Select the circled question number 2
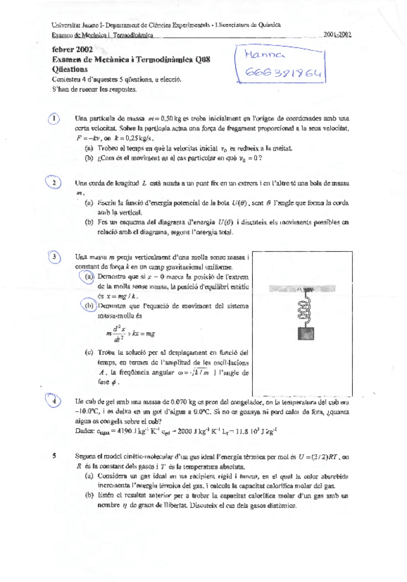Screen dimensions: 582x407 pyautogui.click(x=55, y=183)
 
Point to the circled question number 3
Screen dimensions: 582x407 pyautogui.click(x=56, y=257)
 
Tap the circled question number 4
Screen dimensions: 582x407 pyautogui.click(x=56, y=382)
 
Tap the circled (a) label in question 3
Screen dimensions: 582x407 pyautogui.click(x=88, y=276)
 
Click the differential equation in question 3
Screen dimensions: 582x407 pyautogui.click(x=130, y=333)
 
